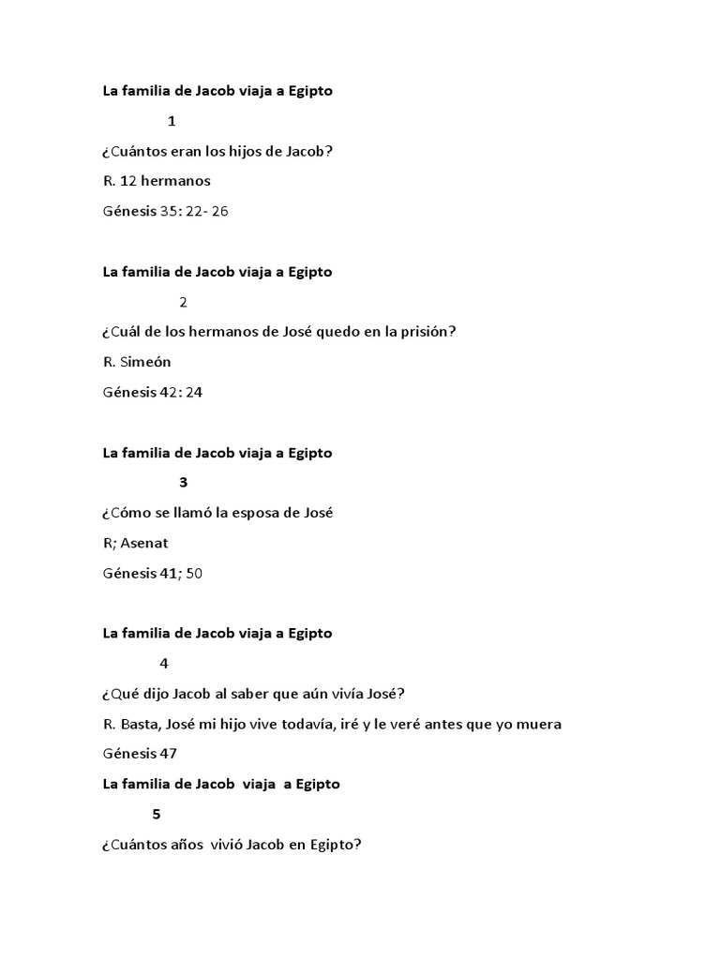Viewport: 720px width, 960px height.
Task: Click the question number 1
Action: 172,121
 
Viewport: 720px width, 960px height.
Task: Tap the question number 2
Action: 183,302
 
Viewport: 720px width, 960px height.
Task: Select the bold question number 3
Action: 183,483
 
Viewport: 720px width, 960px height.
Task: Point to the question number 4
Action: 164,664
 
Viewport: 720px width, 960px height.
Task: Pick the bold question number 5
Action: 156,814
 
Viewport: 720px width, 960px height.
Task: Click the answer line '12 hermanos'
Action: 157,181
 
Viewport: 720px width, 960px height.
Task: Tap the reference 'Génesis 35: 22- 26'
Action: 165,211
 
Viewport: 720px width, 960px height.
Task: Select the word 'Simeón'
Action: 145,362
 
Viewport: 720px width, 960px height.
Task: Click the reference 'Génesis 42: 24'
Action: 152,392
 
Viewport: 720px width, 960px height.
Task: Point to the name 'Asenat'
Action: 145,543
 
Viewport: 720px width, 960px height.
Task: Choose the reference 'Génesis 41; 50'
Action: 152,573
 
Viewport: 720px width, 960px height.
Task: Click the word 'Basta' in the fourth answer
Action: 139,724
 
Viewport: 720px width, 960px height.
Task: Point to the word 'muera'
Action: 541,724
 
